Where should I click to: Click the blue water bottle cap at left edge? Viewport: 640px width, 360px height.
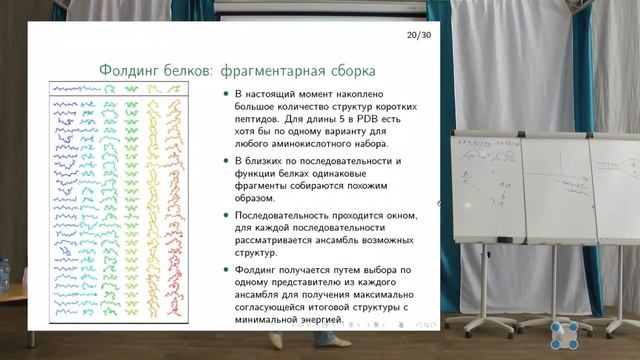click(x=3, y=263)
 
